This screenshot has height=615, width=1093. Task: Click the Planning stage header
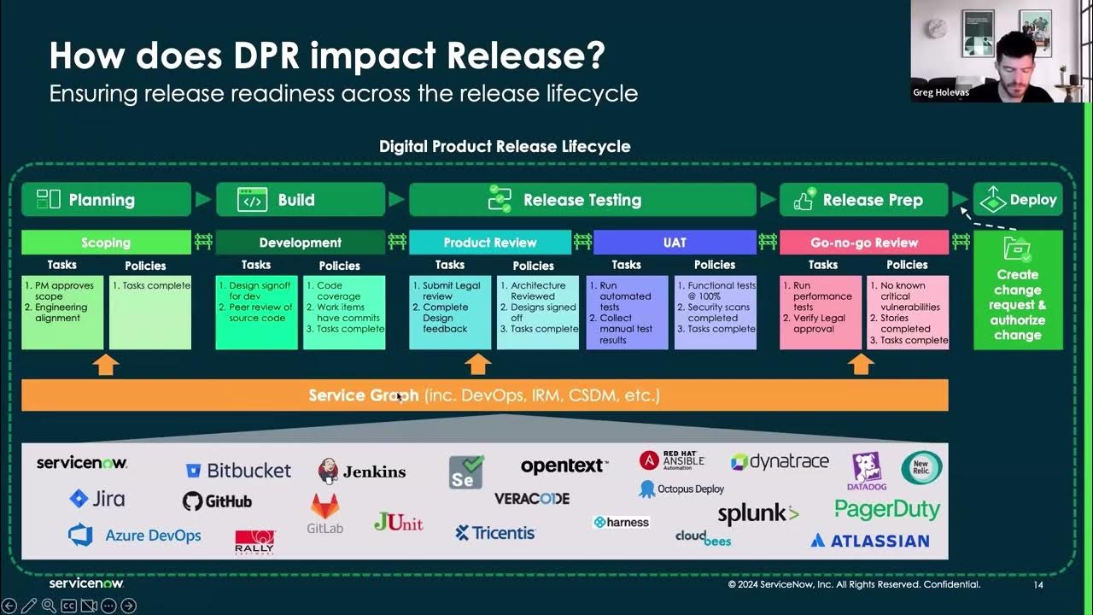click(x=106, y=200)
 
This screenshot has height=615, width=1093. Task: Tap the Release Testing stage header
click(x=582, y=200)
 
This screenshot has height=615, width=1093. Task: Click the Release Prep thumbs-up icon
click(x=804, y=200)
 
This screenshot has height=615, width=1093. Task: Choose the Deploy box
click(x=1018, y=200)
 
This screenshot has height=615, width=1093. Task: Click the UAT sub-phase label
click(x=675, y=243)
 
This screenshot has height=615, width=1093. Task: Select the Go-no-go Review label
click(x=863, y=243)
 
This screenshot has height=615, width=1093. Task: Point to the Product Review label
click(x=489, y=243)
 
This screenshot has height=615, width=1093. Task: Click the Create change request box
click(x=1018, y=304)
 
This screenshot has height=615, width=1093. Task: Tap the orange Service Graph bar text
click(x=484, y=395)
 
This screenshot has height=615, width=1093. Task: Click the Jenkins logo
click(x=362, y=471)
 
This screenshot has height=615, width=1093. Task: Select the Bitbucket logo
click(x=238, y=471)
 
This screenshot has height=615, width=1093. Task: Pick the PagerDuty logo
click(x=887, y=510)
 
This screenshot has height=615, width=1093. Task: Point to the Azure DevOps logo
click(x=135, y=536)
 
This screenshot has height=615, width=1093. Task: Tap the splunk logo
click(x=757, y=513)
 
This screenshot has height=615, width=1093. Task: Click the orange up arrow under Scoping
click(x=106, y=365)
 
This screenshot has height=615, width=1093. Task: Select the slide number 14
click(x=1038, y=585)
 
